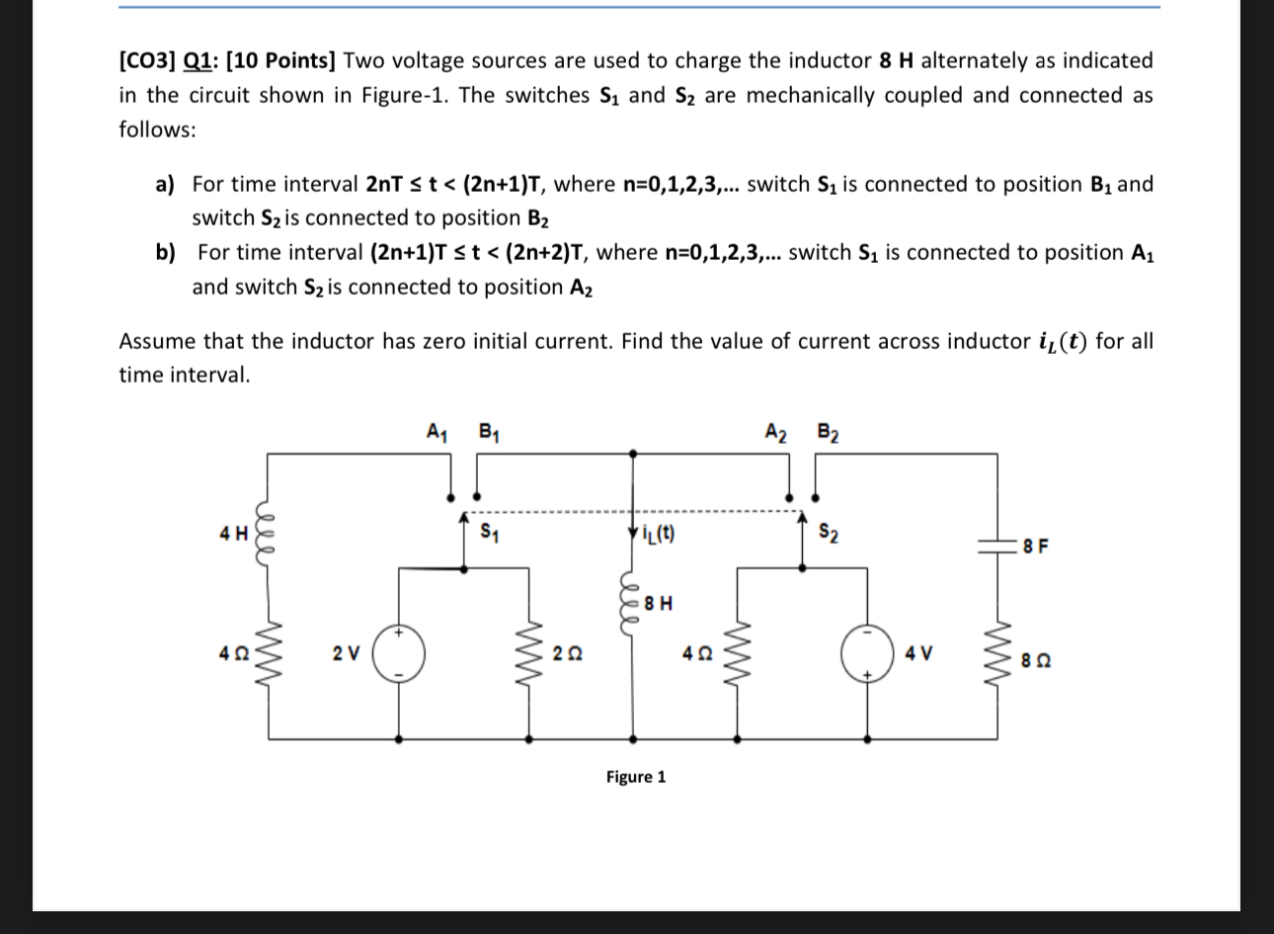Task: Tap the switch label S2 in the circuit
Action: point(830,534)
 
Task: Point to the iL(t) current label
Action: point(659,536)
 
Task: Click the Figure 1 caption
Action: point(636,777)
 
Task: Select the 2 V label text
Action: point(346,652)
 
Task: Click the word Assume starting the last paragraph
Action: point(157,342)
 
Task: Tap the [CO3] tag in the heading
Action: point(148,61)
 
